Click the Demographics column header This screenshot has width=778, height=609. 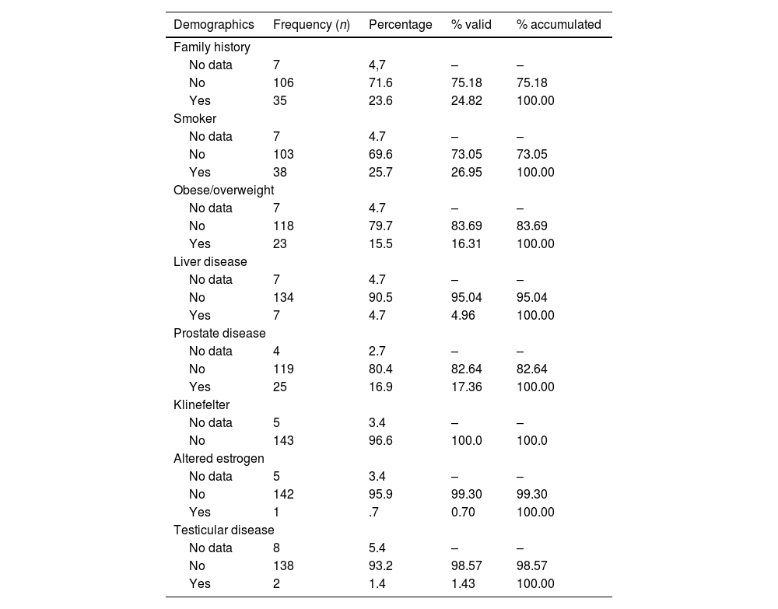[214, 24]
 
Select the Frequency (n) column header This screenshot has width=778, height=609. [311, 24]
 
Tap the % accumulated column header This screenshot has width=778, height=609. [559, 24]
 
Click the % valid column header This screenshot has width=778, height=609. [471, 24]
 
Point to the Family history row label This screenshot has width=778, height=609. [212, 47]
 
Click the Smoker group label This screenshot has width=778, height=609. [194, 118]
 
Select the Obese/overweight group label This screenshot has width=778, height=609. [223, 190]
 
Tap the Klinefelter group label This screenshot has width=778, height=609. [202, 404]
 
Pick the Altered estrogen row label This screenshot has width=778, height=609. [219, 458]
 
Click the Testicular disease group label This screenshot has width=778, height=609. [223, 530]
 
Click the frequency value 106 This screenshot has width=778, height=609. [283, 82]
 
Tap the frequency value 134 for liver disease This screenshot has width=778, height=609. [283, 297]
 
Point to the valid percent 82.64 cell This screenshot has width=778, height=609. [467, 369]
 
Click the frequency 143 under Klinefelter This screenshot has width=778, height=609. [283, 440]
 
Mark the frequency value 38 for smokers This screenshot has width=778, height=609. [280, 172]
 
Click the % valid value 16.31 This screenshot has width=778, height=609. [467, 243]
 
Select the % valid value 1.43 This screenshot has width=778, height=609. [464, 583]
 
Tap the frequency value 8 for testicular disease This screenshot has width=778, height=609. [277, 548]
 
